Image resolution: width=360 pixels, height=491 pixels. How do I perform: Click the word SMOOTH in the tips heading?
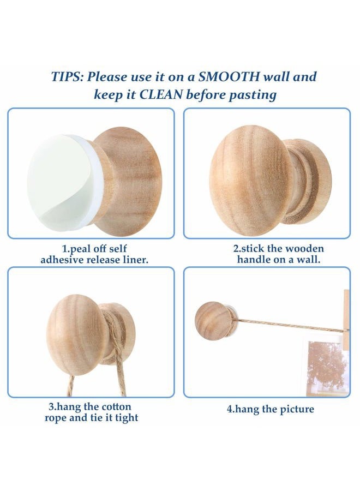(x=229, y=77)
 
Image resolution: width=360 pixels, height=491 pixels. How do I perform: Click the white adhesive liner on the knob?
(x=59, y=180)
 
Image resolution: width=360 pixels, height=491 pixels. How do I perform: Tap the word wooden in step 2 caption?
(x=305, y=249)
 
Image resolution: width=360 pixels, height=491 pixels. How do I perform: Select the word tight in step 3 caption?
(x=127, y=418)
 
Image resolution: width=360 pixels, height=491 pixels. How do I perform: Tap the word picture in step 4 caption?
(x=297, y=409)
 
